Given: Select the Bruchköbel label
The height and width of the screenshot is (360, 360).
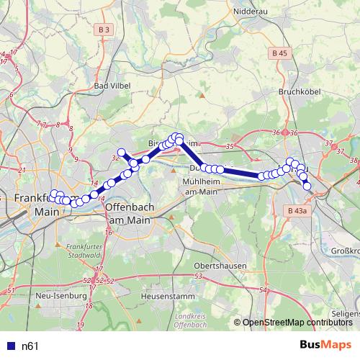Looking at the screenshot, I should pos(297,92).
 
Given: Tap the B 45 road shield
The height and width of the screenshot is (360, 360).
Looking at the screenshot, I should pos(280,53).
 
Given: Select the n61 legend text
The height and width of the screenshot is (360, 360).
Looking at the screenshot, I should pos(30,346).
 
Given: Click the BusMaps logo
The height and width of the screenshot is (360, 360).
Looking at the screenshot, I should pos(325,345).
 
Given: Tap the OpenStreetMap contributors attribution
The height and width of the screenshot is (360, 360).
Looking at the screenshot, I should pos(297,323).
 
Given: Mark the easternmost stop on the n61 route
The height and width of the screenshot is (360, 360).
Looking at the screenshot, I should pos(307,186).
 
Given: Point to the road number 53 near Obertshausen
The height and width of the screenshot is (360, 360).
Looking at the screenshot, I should pos(199,276).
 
